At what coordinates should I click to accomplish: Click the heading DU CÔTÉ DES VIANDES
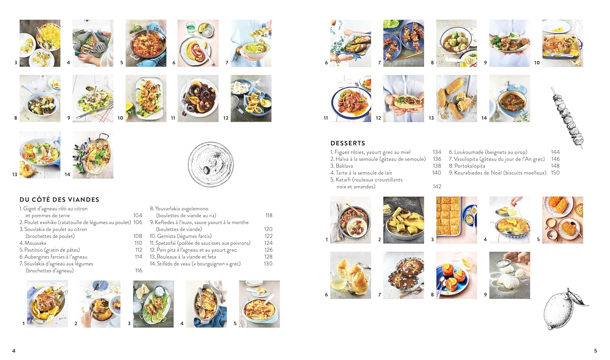click(x=59, y=200)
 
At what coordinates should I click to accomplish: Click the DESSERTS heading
click(x=348, y=143)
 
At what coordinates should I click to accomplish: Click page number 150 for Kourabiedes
click(x=555, y=173)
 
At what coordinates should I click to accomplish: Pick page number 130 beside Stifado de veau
click(x=268, y=264)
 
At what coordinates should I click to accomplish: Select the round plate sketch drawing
click(x=211, y=164)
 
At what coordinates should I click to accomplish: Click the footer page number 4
click(x=14, y=351)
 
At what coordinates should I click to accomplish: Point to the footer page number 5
click(x=596, y=351)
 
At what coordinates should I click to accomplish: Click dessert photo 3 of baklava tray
click(x=456, y=220)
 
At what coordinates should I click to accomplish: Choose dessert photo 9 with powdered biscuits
click(x=510, y=275)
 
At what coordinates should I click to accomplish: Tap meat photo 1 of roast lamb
click(x=47, y=304)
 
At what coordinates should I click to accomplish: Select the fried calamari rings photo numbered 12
click(x=251, y=98)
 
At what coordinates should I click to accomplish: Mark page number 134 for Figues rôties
click(x=437, y=152)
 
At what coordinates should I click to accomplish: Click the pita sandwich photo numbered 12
click(x=403, y=98)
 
